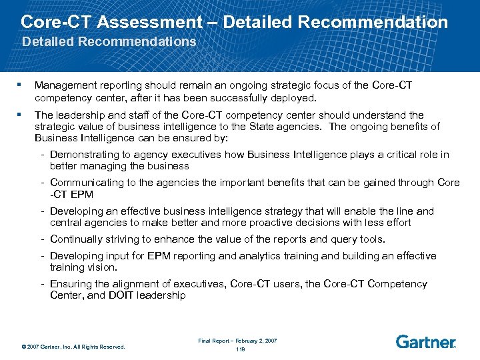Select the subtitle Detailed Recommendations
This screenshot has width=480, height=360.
click(109, 41)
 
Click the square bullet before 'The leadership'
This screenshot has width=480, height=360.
click(22, 114)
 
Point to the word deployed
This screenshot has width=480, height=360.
click(294, 97)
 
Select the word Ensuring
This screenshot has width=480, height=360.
click(71, 284)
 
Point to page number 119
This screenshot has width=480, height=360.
click(240, 349)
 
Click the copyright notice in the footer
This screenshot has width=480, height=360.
click(73, 346)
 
